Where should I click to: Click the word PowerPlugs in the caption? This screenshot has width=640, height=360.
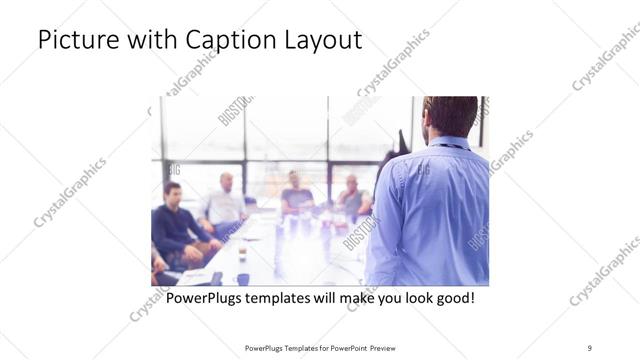pos(207,298)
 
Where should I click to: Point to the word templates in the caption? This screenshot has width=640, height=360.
pos(287,298)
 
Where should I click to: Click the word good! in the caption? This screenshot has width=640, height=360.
pos(453,298)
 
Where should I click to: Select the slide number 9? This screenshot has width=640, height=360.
pos(590,347)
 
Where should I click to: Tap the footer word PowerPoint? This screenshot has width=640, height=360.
pos(344,348)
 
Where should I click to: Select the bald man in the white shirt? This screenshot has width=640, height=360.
pos(225,203)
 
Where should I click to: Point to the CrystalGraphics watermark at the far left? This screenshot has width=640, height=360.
pos(70,192)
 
